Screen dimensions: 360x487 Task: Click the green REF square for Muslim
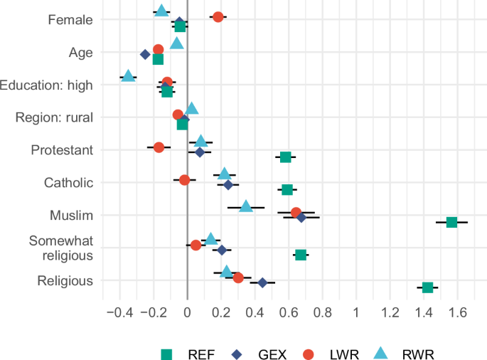[451, 222]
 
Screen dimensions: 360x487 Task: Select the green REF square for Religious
[427, 287]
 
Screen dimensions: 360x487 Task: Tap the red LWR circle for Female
[218, 16]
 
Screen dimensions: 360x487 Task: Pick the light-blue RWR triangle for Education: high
[128, 76]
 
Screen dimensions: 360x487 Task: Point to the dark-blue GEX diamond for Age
[145, 54]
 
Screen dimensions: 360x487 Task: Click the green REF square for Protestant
[286, 157]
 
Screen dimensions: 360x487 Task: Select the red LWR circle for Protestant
[159, 147]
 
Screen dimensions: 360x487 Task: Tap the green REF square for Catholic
[287, 189]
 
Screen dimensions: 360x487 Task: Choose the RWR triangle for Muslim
[246, 206]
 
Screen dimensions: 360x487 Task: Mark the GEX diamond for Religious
[262, 282]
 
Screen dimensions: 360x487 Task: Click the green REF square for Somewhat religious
[301, 255]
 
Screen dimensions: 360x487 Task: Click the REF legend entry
[188, 354]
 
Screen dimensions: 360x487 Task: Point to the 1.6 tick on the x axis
[457, 312]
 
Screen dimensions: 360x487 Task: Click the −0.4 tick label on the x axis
[117, 312]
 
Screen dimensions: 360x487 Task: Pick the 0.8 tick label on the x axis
[322, 312]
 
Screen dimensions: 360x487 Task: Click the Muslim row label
[71, 215]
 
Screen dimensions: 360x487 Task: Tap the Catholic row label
[68, 183]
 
